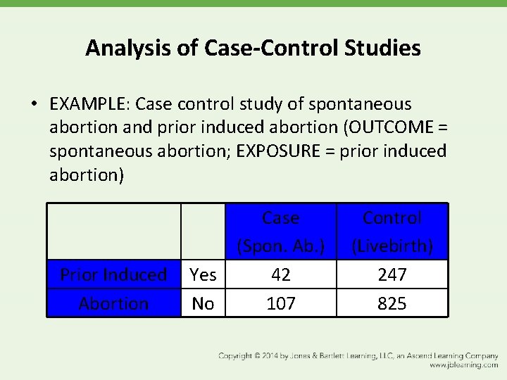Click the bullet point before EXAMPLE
coord(34,105)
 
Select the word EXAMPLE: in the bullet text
coord(90,104)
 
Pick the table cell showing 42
coord(280,274)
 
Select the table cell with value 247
coord(392,274)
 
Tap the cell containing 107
coord(280,303)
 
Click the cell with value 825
coord(392,303)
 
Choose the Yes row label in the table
coord(203,274)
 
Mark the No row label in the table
coord(203,303)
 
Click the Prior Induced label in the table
coord(113,274)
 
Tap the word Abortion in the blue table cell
coord(113,303)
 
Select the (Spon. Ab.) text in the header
coord(280,246)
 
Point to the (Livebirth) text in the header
coord(392,246)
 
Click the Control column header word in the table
coord(392,218)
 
